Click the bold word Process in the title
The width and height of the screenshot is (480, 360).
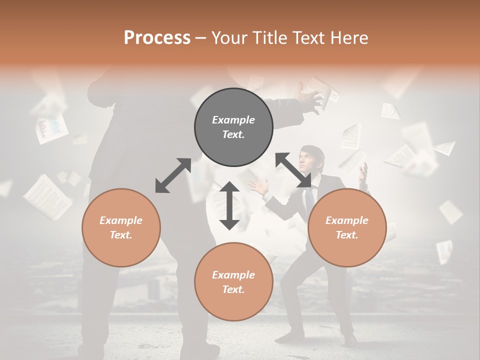click(x=157, y=38)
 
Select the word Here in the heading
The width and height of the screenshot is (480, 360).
click(x=349, y=38)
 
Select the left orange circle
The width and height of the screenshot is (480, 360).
click(x=121, y=227)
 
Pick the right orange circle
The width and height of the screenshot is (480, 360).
click(x=346, y=227)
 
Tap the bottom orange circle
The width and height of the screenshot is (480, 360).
click(x=233, y=281)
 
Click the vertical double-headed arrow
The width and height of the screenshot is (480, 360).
click(x=229, y=205)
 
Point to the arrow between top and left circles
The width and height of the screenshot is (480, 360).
click(x=173, y=175)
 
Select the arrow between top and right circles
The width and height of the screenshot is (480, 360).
click(x=293, y=170)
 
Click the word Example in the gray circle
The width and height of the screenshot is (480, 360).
click(x=233, y=120)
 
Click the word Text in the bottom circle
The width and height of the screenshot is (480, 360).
click(x=233, y=289)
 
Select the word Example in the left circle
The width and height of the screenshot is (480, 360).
click(x=121, y=220)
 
